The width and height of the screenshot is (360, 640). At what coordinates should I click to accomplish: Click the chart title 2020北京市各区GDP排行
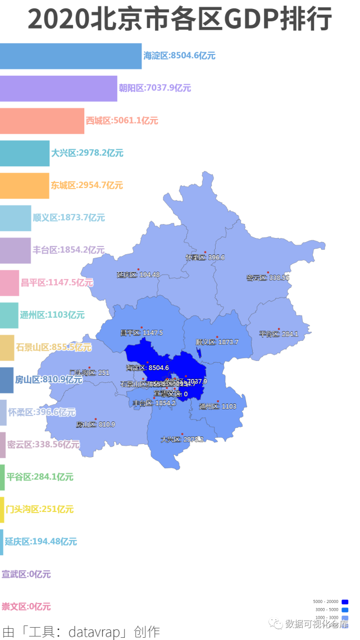[180, 20]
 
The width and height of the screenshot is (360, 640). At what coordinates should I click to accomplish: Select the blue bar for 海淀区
[71, 56]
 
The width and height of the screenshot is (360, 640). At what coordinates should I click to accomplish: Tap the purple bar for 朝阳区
[58, 88]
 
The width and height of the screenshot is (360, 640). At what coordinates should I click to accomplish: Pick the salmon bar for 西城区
[42, 121]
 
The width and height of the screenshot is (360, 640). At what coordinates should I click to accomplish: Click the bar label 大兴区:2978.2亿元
[87, 153]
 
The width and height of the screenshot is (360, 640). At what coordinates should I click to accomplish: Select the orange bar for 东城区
[25, 185]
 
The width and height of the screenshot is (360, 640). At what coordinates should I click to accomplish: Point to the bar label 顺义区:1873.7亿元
[69, 218]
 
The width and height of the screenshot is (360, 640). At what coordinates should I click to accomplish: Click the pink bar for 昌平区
[10, 282]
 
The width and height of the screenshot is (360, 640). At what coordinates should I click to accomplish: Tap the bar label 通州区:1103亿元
[52, 315]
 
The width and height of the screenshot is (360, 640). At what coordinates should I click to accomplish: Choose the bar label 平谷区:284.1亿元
[40, 477]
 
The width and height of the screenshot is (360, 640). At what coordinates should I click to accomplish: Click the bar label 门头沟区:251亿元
[39, 509]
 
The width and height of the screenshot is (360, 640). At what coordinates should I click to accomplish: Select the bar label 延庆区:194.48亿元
[41, 542]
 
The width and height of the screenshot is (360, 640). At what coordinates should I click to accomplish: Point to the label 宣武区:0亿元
[26, 574]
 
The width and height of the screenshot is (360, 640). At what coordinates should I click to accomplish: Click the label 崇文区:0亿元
[26, 606]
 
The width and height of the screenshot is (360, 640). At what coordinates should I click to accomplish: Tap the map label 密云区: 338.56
[268, 278]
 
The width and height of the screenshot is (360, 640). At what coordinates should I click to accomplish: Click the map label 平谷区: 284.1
[279, 334]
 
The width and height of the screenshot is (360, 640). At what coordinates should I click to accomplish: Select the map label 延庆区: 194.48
[138, 275]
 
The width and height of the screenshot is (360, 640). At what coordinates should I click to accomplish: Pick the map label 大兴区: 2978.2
[181, 440]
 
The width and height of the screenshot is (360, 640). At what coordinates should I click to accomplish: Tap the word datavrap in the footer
[96, 632]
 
